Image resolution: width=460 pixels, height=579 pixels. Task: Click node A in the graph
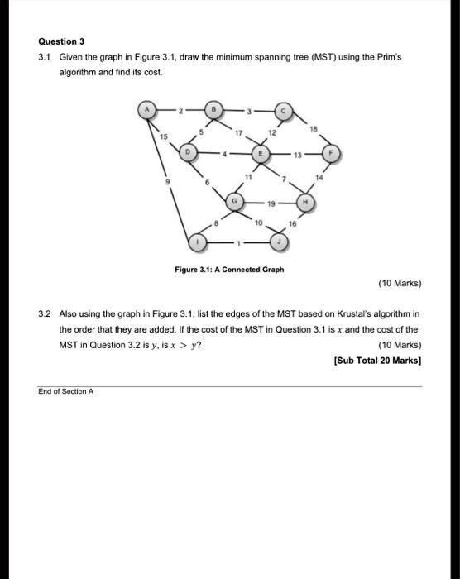click(x=149, y=110)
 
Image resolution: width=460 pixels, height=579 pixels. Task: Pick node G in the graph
click(x=235, y=200)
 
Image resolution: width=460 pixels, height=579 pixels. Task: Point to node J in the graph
click(x=281, y=242)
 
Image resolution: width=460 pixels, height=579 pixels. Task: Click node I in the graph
click(x=197, y=242)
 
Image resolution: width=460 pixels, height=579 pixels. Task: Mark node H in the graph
click(x=305, y=200)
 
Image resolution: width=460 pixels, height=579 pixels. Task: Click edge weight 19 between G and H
click(x=270, y=200)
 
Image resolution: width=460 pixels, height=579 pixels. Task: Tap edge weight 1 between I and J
click(x=239, y=242)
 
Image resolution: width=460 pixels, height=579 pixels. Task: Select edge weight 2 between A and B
click(x=177, y=110)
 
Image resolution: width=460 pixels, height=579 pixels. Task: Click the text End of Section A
click(x=66, y=391)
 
